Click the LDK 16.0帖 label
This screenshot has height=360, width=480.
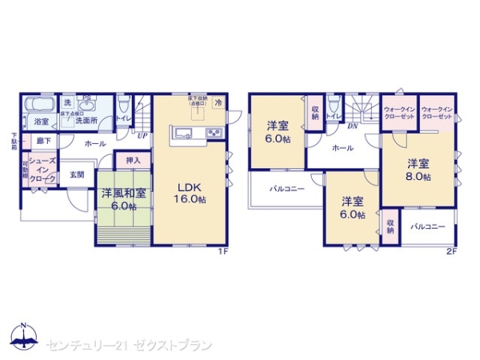tap(192, 193)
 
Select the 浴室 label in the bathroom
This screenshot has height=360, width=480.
tap(41, 122)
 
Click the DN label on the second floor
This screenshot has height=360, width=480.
tap(352, 125)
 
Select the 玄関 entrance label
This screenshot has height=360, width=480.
tap(77, 174)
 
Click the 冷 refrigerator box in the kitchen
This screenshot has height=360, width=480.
tap(218, 102)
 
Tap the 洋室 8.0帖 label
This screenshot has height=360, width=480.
tap(417, 169)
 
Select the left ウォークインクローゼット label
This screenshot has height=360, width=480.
tap(398, 113)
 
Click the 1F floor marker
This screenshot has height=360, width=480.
tap(225, 253)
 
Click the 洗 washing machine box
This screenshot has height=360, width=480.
tap(68, 102)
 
